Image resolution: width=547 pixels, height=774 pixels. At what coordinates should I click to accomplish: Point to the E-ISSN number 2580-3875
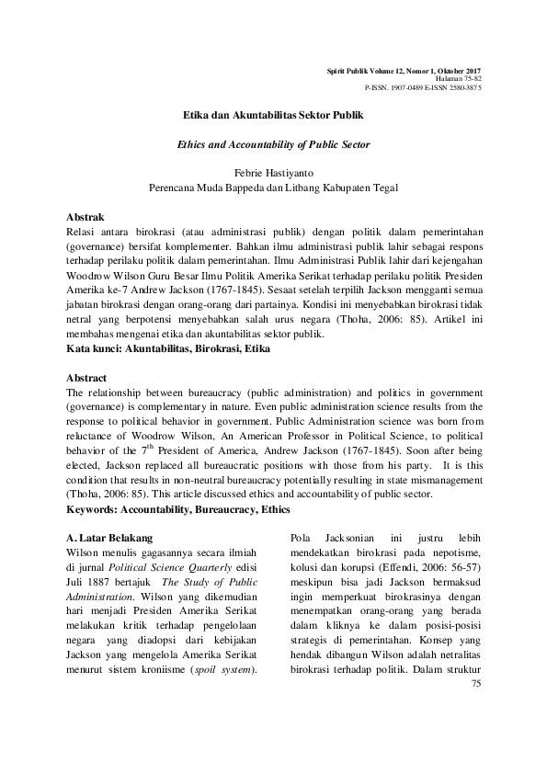point(462,87)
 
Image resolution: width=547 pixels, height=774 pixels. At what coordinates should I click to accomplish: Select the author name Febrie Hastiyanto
point(273,172)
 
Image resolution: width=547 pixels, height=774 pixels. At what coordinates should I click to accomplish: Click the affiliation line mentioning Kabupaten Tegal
point(273,188)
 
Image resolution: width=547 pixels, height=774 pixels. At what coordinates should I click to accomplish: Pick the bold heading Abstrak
point(86,217)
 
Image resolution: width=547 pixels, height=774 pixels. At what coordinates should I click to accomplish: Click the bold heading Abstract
point(87,378)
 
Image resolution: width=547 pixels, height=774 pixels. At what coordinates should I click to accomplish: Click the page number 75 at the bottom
point(475,684)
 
